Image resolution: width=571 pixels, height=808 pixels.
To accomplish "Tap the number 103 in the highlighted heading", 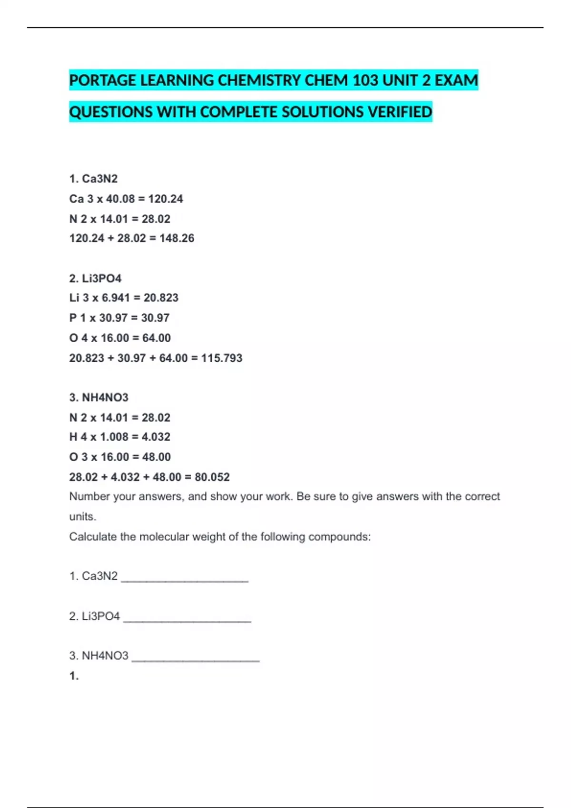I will (x=365, y=80).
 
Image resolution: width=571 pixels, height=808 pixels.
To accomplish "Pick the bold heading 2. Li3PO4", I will (x=95, y=278).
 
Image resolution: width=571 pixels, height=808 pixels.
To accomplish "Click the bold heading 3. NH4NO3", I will (x=98, y=397).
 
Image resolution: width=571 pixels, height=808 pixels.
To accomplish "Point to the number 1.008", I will (x=114, y=437).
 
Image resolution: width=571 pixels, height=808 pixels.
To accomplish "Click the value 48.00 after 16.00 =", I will (x=156, y=457).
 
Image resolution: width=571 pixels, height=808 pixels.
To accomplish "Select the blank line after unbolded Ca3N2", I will (x=185, y=579).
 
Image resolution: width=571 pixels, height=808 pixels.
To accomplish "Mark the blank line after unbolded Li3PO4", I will (x=187, y=619).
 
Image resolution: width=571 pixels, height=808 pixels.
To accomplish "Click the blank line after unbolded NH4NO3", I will (x=195, y=658).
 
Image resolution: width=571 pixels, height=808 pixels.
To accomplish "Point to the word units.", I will (x=82, y=517).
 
